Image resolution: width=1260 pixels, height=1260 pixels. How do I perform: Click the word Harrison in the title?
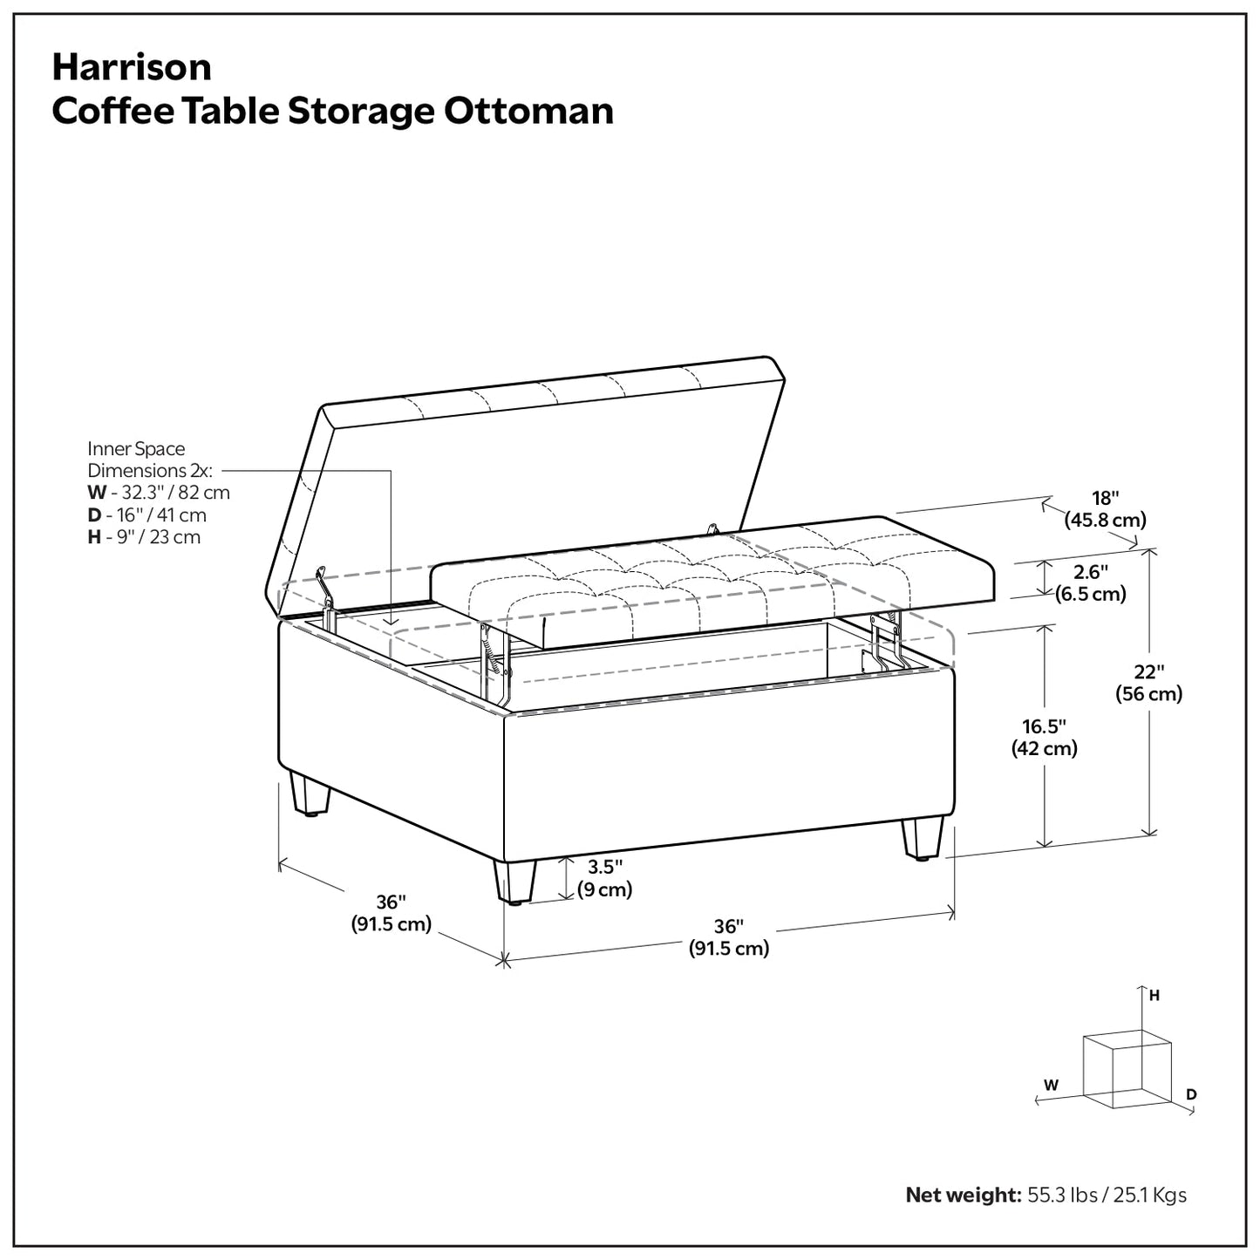[132, 67]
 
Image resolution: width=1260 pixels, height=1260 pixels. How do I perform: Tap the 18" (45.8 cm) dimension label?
[1105, 509]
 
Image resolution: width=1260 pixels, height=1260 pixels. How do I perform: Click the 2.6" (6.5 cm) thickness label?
[1090, 583]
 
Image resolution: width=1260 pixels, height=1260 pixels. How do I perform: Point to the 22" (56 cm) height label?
[1149, 683]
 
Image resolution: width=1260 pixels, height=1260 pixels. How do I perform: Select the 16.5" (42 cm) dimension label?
[1044, 737]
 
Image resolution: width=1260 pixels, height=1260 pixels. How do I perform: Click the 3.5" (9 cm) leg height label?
[604, 878]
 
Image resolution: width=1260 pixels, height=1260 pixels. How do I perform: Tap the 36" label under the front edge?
[728, 937]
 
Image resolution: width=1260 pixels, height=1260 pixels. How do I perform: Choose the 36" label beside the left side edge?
[392, 913]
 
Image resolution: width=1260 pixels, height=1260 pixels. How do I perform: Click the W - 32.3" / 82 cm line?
[159, 493]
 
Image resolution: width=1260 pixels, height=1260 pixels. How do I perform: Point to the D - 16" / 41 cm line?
[146, 515]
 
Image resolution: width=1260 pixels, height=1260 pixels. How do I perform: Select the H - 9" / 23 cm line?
[144, 537]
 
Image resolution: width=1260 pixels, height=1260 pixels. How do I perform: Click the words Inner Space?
[136, 449]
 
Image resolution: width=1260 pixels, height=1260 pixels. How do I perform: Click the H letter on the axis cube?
[1154, 995]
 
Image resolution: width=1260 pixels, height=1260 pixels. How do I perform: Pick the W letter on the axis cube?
[1052, 1086]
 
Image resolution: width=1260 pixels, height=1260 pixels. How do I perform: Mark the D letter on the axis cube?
[1191, 1095]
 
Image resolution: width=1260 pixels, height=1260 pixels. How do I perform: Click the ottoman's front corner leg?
[513, 881]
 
